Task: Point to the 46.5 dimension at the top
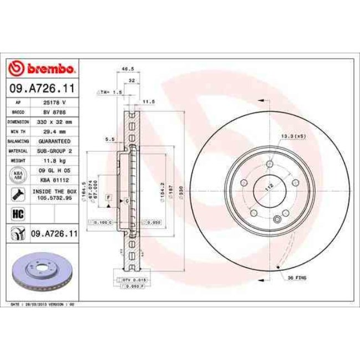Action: click(x=128, y=69)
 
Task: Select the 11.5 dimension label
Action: click(x=148, y=102)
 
